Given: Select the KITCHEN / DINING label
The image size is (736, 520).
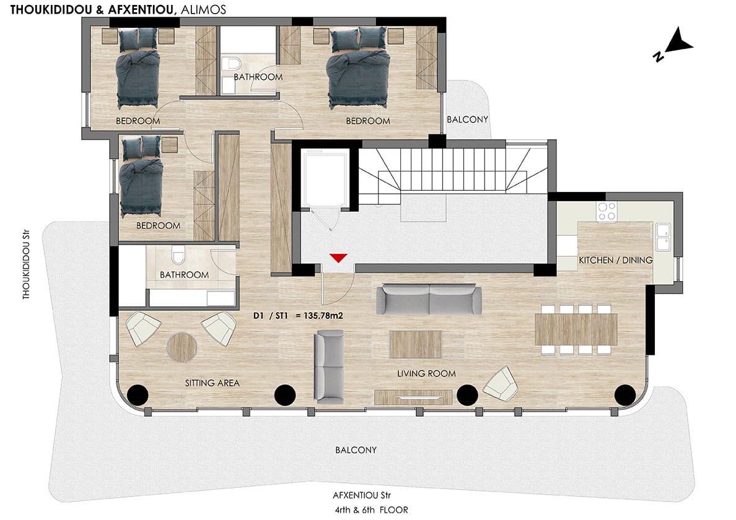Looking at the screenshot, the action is coord(615,260).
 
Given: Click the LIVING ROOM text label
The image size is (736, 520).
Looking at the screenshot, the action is coord(426,374).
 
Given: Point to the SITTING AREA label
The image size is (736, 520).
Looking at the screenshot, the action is coord(212,383).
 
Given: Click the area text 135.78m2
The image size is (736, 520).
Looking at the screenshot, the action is coord(323,316).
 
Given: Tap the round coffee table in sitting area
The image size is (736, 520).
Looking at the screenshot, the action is coord(182,347).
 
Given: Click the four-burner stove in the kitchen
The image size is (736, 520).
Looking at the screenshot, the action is coord(607,212).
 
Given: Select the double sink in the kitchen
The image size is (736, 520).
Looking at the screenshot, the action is coord(664,237).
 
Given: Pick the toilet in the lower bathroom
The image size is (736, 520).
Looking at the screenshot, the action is coord(178,256).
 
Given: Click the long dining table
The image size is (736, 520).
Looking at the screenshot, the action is coord(576,329).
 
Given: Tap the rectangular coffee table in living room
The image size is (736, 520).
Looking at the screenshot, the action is coord(416,345).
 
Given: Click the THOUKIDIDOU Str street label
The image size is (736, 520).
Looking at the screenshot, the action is coord(26,264).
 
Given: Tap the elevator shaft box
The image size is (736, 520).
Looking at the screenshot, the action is coord(325,178).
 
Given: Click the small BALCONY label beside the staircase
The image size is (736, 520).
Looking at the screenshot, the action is coord(467,119).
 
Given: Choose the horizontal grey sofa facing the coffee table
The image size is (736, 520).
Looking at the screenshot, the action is coord(429,298).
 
